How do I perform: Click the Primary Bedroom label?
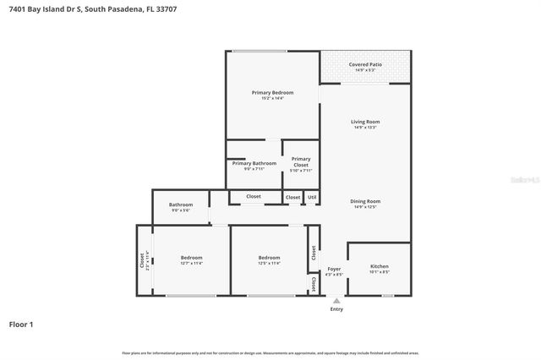pyautogui.click(x=272, y=92)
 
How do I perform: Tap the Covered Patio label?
pyautogui.click(x=364, y=63)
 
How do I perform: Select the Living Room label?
pyautogui.click(x=365, y=122)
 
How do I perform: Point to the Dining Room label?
pyautogui.click(x=365, y=201)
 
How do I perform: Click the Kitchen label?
pyautogui.click(x=379, y=266)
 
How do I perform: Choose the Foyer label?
pyautogui.click(x=335, y=269)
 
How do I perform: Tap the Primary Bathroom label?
pyautogui.click(x=254, y=163)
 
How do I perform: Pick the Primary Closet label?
pyautogui.click(x=301, y=161)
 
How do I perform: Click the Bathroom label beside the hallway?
pyautogui.click(x=181, y=205)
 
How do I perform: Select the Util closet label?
pyautogui.click(x=312, y=197)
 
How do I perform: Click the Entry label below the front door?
pyautogui.click(x=336, y=309)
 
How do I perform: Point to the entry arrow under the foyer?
pyautogui.click(x=336, y=300)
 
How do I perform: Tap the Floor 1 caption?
pyautogui.click(x=21, y=324)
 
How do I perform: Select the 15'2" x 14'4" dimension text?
pyautogui.click(x=272, y=98)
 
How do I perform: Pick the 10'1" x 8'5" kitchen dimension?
pyautogui.click(x=379, y=272)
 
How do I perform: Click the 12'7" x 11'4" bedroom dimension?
pyautogui.click(x=191, y=264)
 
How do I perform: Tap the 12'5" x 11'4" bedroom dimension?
pyautogui.click(x=269, y=264)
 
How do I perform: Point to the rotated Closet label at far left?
pyautogui.click(x=142, y=259)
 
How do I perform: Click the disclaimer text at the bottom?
pyautogui.click(x=270, y=352)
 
